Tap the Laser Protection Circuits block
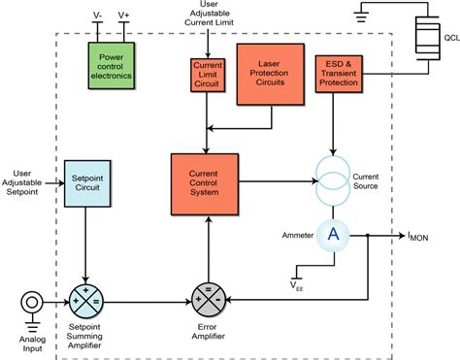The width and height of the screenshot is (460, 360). click(269, 74)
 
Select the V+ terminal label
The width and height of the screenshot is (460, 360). click(124, 15)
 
